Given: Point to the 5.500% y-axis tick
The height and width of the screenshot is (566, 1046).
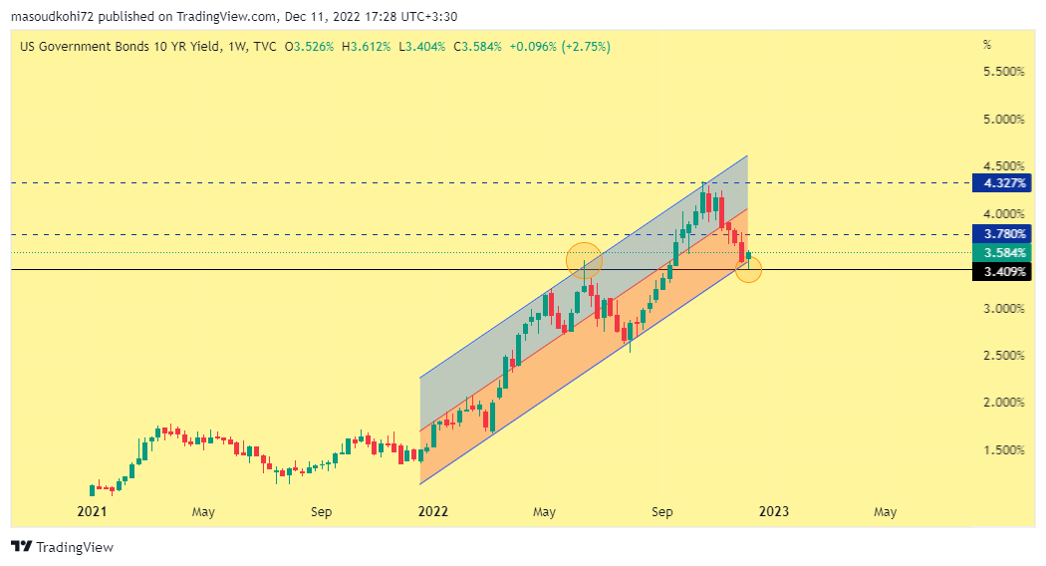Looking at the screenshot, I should pos(1003,72).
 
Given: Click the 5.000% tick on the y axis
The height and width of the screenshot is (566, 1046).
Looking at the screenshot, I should pos(1003,120).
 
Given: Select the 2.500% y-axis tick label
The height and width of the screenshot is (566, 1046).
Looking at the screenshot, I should pos(1003,356).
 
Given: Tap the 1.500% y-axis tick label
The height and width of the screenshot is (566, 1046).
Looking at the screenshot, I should pos(1003,450).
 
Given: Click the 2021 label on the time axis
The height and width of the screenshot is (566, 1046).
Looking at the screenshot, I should pos(92,512).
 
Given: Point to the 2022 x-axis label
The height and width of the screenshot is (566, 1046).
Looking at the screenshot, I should pos(433,512).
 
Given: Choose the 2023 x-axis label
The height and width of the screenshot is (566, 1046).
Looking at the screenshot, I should pos(774,512).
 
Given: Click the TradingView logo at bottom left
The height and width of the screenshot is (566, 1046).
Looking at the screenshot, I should pos(62,547).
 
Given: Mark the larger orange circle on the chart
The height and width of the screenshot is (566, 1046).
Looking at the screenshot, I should pos(584,260).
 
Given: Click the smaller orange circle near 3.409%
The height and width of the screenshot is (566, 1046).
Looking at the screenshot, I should pos(748,269).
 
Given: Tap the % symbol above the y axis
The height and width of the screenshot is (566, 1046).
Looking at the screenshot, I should pos(987,45).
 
